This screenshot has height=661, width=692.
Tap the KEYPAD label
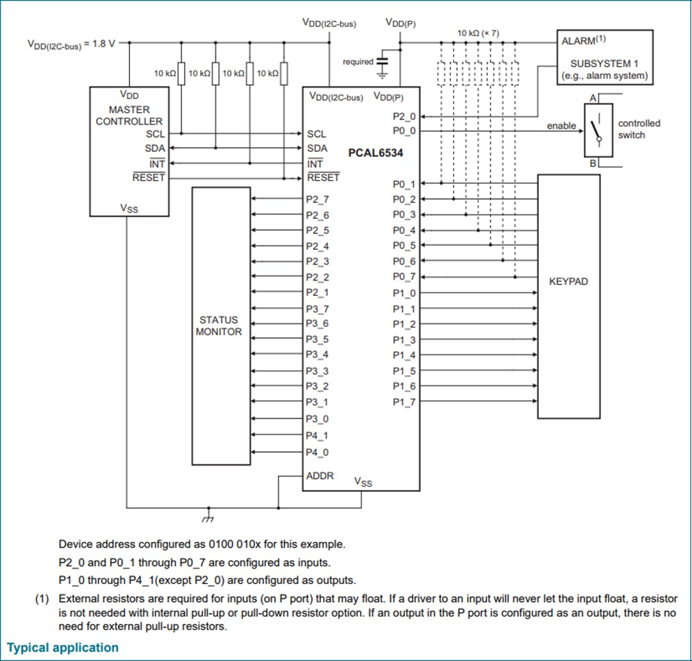coord(568,281)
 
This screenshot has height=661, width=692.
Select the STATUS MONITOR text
coord(219,325)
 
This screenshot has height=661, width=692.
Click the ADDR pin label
coord(320,477)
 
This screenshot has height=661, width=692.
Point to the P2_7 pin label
coord(317,199)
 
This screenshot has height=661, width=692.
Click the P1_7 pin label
coord(404,402)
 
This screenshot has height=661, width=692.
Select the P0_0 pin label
coord(404,131)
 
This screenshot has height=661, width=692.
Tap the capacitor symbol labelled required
coord(383,63)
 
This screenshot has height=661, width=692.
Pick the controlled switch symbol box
coord(598,130)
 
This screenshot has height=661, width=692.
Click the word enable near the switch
coord(561,126)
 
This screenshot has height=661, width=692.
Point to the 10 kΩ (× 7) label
coord(478,33)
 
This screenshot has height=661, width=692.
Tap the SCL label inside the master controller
coord(155,134)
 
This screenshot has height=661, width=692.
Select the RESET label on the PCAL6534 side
coord(324,178)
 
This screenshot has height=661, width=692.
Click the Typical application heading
coord(63,648)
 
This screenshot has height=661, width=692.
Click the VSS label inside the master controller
coord(129,208)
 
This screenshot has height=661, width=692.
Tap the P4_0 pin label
coord(317,452)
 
